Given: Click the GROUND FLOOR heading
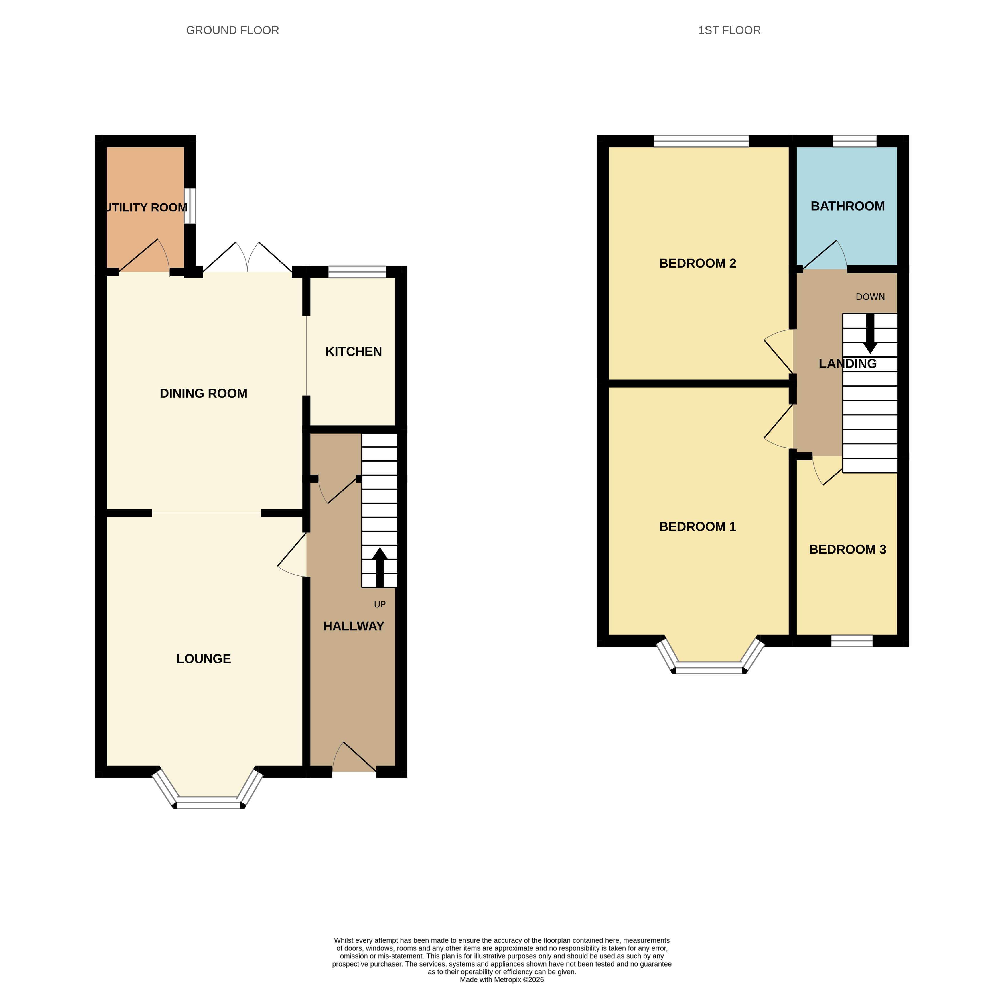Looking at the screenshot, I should (x=232, y=30).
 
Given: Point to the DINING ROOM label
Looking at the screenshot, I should (x=204, y=393).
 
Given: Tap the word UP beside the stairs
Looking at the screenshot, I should (x=380, y=604).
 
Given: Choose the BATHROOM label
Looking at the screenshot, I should (x=847, y=206).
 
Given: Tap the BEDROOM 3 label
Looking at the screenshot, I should (x=847, y=549).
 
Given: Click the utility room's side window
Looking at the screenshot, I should (x=190, y=206).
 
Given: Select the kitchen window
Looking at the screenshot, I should (x=357, y=272).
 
